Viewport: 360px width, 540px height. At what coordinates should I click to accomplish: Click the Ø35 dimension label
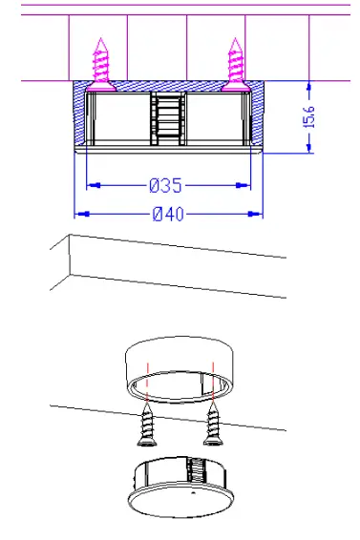(165, 185)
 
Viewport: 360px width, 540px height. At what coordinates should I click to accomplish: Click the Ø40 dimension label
(168, 214)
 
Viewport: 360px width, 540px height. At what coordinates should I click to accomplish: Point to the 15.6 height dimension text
(309, 116)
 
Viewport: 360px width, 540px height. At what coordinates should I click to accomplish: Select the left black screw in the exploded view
(147, 425)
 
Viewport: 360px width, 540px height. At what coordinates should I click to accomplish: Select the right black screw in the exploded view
(213, 425)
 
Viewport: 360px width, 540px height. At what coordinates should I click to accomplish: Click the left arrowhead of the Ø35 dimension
(94, 185)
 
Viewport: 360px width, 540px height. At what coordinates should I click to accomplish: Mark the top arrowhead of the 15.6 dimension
(309, 87)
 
